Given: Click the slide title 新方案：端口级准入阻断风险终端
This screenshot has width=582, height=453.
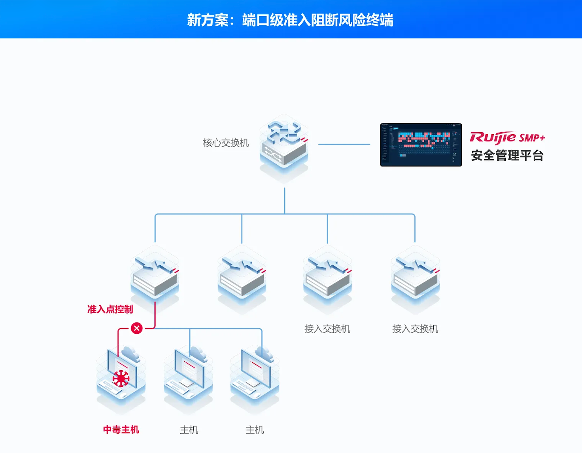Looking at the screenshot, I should pyautogui.click(x=290, y=20).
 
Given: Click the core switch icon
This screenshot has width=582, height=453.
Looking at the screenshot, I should pyautogui.click(x=284, y=147).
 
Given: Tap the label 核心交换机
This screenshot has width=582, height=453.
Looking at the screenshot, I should pyautogui.click(x=226, y=143).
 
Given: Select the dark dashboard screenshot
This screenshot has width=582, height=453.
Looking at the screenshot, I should pyautogui.click(x=421, y=145).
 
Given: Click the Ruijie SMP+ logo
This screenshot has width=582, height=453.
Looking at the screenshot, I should pyautogui.click(x=507, y=137).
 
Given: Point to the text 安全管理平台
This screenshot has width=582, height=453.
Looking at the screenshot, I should pyautogui.click(x=507, y=156).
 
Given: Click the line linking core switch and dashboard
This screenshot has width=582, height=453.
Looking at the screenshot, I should pyautogui.click(x=344, y=144).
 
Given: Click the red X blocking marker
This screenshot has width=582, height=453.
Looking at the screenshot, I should pyautogui.click(x=137, y=328).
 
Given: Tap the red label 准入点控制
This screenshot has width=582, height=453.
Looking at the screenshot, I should pyautogui.click(x=110, y=309).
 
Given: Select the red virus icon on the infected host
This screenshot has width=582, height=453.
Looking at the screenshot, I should pyautogui.click(x=121, y=378).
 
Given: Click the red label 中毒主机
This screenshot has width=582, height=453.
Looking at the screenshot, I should pyautogui.click(x=121, y=430).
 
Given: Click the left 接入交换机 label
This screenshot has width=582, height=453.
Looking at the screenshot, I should pyautogui.click(x=327, y=329).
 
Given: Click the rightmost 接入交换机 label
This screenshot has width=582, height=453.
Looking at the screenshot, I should pyautogui.click(x=415, y=329).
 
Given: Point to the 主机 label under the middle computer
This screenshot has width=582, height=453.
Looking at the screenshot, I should pyautogui.click(x=189, y=430).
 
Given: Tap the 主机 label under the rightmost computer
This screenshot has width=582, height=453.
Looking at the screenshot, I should pyautogui.click(x=255, y=430).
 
